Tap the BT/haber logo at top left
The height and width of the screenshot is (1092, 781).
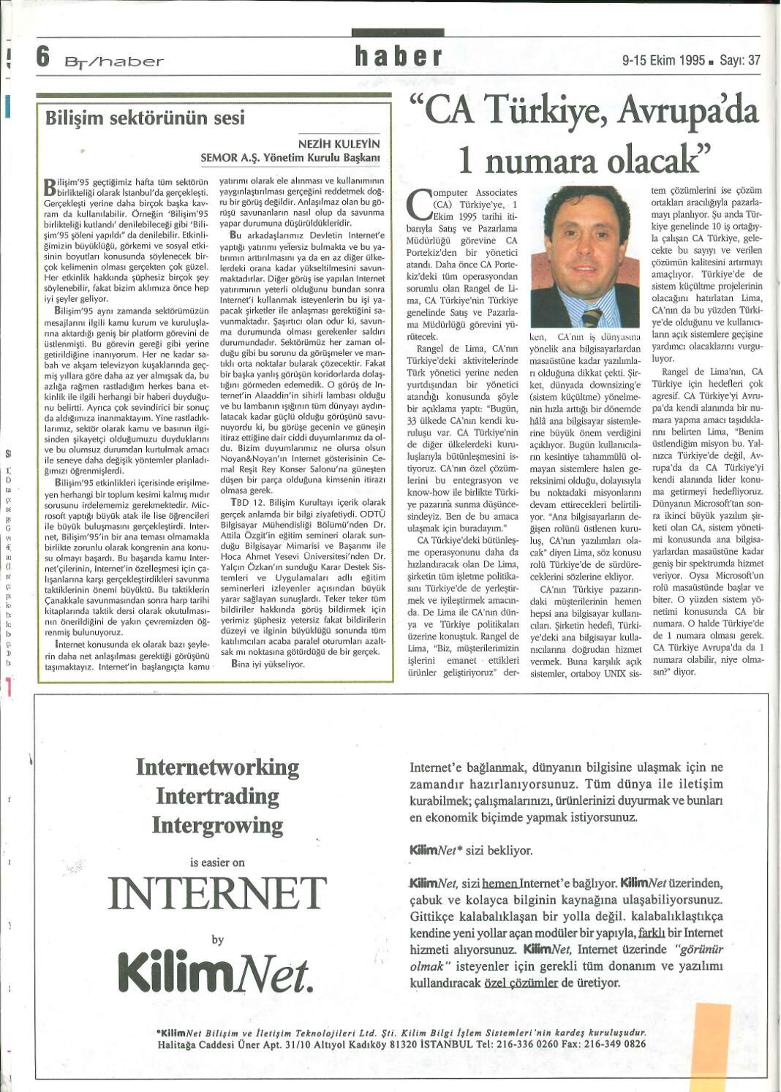(x=113, y=61)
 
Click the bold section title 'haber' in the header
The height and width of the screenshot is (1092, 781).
(x=399, y=56)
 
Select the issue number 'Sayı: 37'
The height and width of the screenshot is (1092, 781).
(x=740, y=61)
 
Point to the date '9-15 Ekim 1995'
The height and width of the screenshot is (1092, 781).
(x=663, y=61)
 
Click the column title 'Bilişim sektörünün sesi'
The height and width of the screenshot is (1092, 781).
(x=145, y=118)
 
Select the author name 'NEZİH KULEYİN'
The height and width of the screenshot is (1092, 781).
(x=339, y=144)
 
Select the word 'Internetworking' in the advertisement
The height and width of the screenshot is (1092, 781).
(x=218, y=767)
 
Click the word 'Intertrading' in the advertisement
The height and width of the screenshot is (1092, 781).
(x=218, y=796)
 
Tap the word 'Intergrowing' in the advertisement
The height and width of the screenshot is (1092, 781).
(x=218, y=825)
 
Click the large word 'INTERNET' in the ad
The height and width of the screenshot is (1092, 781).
(x=217, y=892)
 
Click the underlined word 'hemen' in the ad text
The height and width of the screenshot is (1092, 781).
(x=499, y=883)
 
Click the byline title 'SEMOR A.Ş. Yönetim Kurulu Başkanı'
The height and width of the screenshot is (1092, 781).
(x=290, y=157)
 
